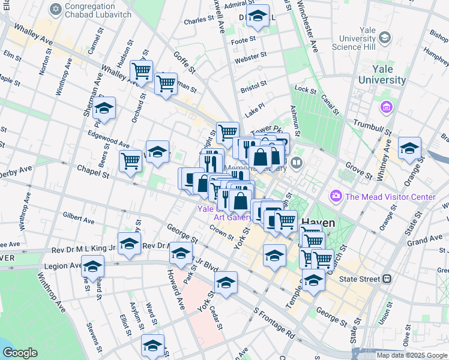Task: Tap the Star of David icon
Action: [56, 10]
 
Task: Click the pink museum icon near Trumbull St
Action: [386, 108]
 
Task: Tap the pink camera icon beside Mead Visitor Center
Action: [336, 196]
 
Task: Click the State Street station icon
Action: [387, 278]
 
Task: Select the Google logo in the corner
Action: [20, 353]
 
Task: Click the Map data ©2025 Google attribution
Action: [411, 355]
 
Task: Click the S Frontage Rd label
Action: [274, 322]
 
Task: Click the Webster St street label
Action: [250, 58]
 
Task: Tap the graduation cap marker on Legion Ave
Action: [92, 266]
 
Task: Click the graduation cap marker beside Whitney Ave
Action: [409, 148]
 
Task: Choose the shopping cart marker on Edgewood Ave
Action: [130, 161]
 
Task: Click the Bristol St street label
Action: [253, 88]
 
